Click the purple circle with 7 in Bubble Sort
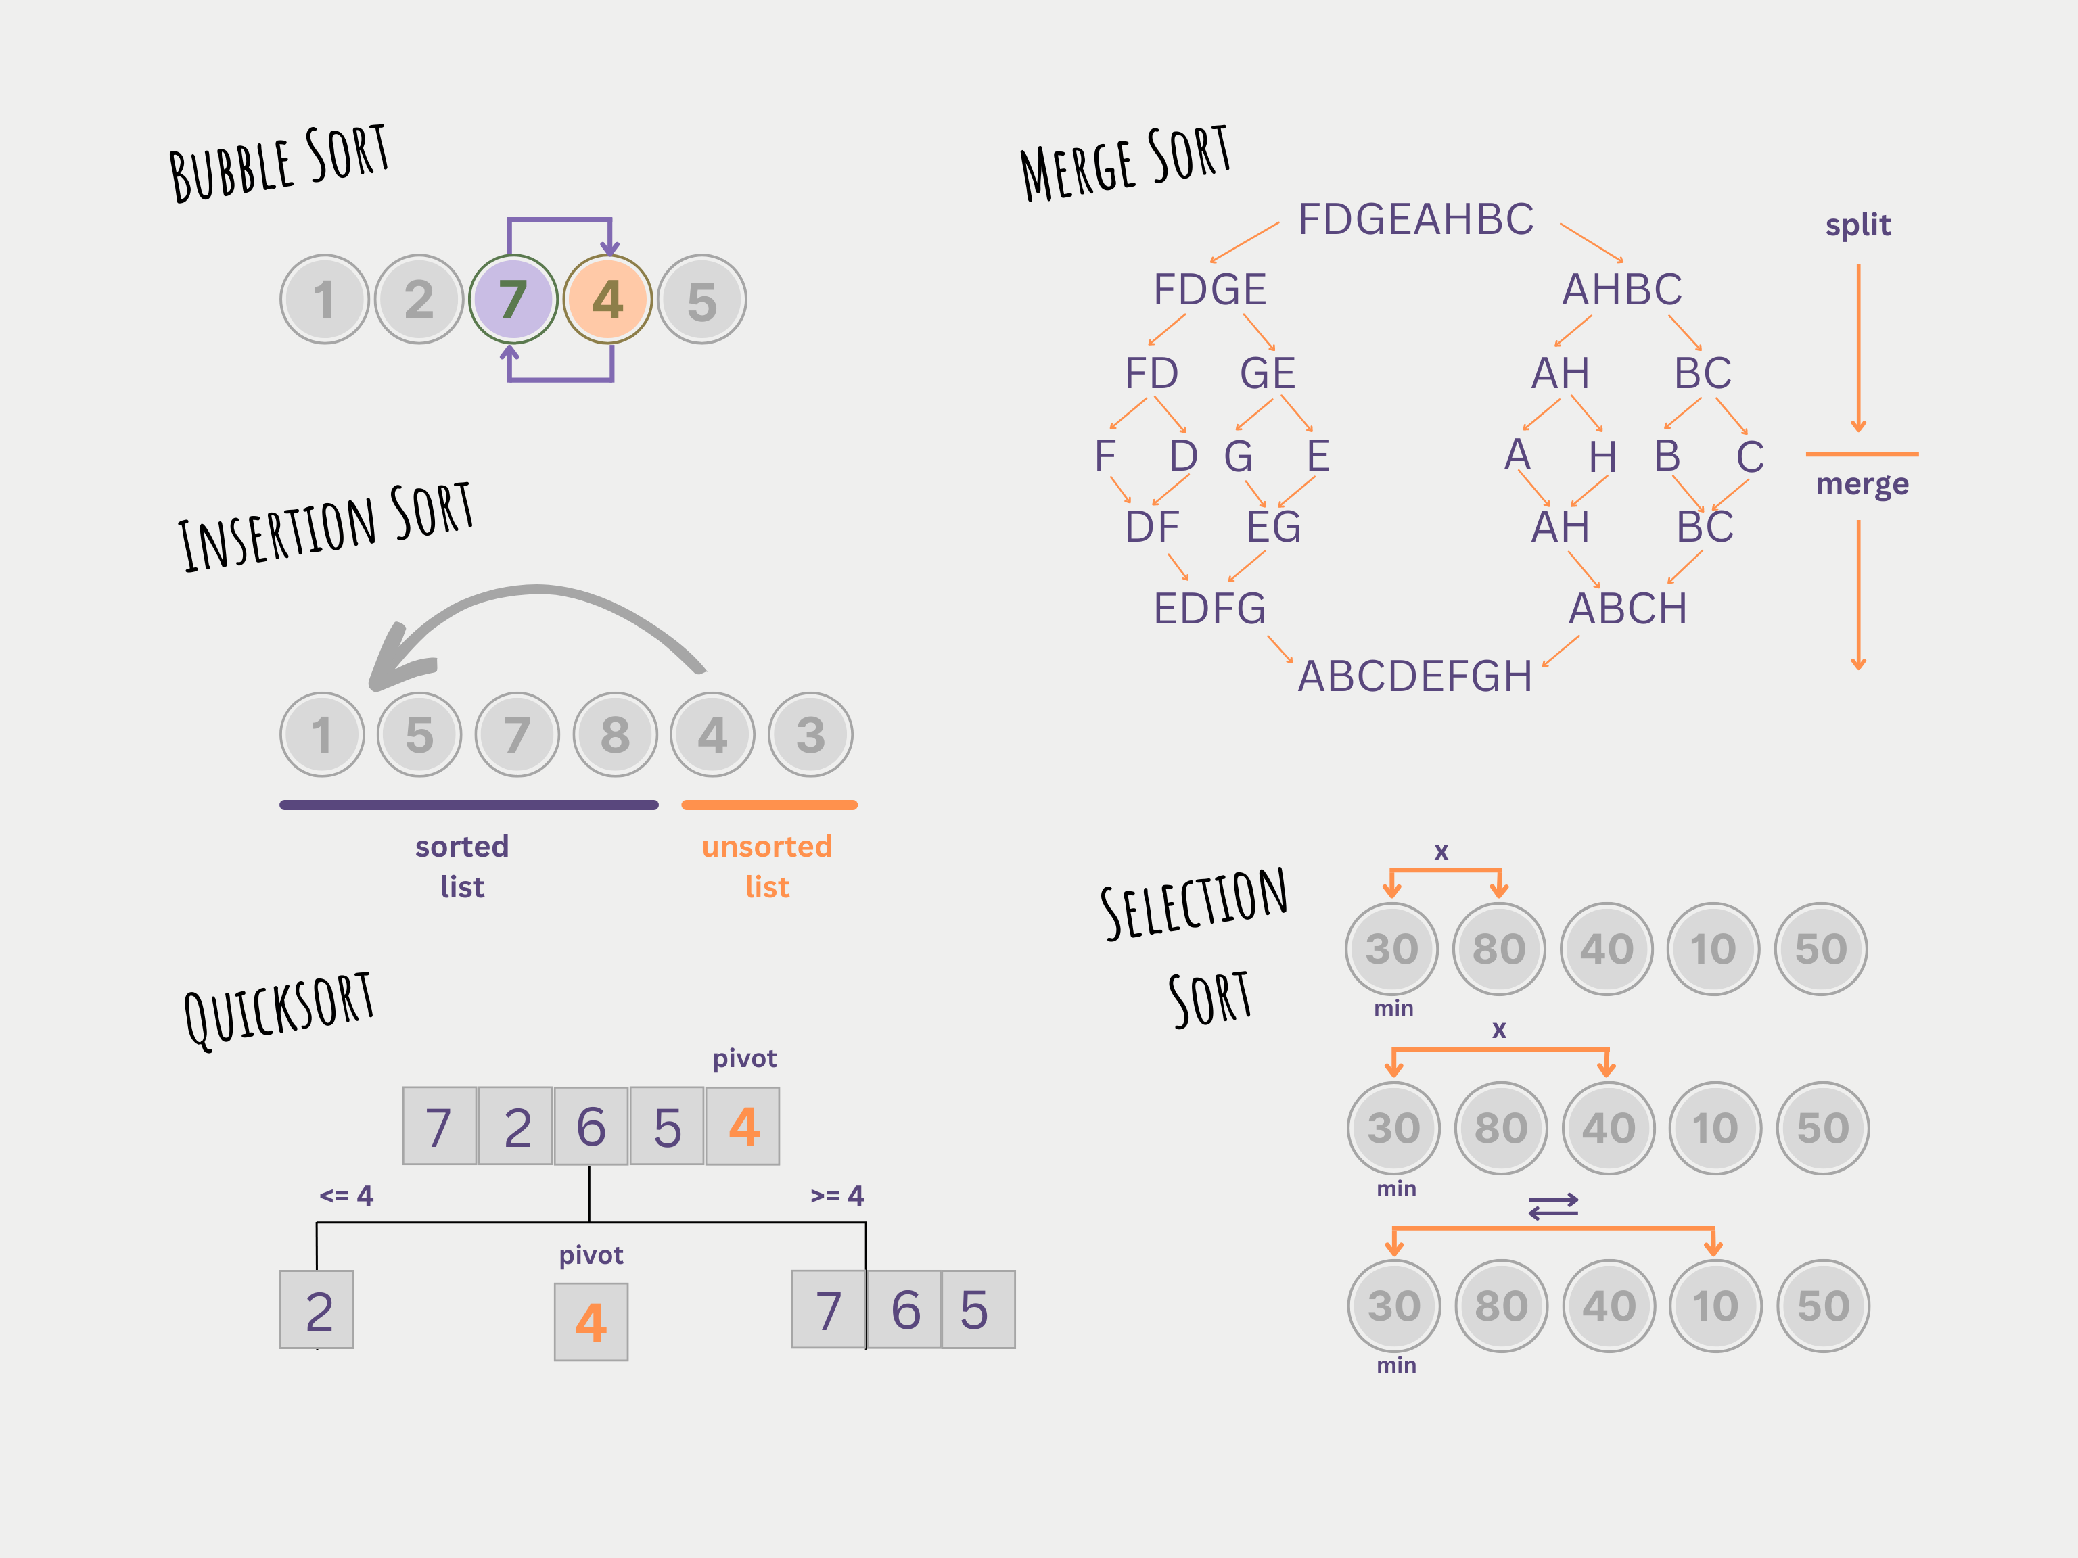(513, 300)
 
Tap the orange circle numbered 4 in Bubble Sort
(608, 300)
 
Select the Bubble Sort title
(278, 162)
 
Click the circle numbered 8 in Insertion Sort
(616, 734)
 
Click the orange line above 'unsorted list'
(768, 805)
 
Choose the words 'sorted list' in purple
(462, 866)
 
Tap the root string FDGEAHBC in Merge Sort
(1416, 220)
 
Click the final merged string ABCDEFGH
(1415, 676)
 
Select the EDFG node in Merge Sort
(1210, 609)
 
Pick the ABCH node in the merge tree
(1628, 609)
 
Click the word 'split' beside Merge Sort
(1857, 225)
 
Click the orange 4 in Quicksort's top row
(743, 1126)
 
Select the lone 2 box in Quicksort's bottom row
(317, 1310)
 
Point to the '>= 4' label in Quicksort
(837, 1196)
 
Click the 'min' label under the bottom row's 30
(1396, 1365)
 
